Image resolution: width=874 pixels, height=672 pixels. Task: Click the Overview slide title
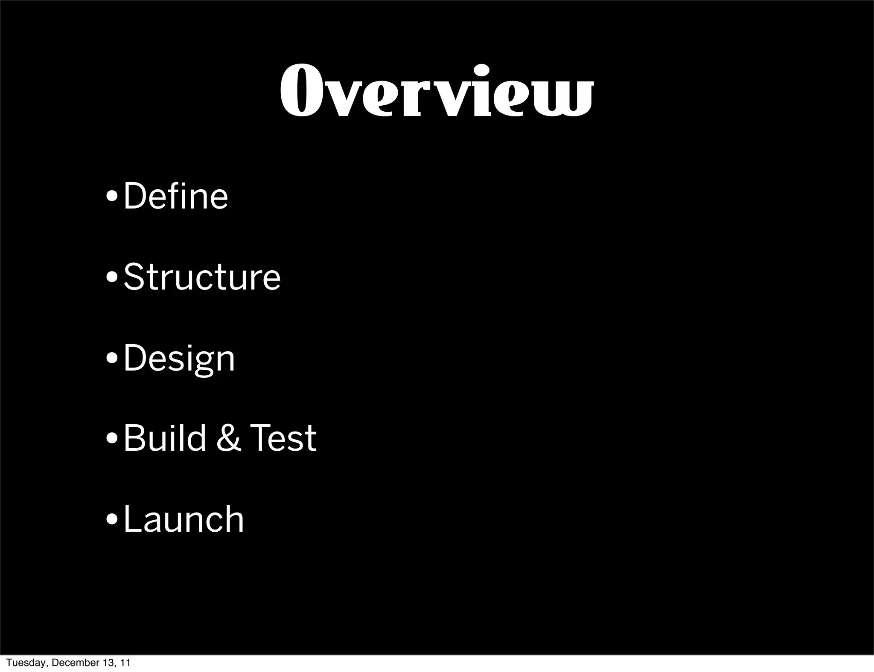click(x=436, y=91)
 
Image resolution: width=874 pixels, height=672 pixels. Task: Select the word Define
click(x=176, y=196)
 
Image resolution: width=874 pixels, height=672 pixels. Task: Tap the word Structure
click(x=202, y=277)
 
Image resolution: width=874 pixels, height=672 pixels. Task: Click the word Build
click(x=165, y=438)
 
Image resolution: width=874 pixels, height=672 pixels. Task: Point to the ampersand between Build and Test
click(x=228, y=438)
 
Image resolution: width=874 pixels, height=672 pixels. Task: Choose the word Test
click(x=283, y=438)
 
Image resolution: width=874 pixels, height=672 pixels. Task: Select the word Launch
click(x=184, y=519)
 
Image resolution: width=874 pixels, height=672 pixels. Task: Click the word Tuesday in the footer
click(x=21, y=663)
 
